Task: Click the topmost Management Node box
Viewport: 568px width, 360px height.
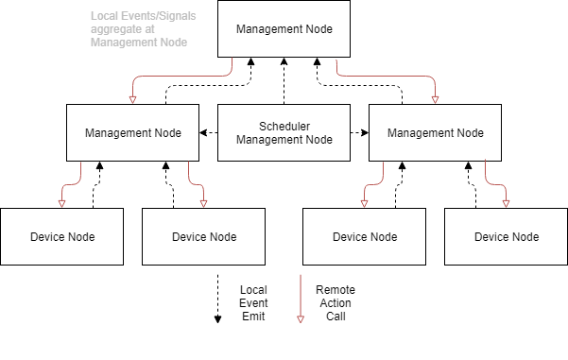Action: [284, 28]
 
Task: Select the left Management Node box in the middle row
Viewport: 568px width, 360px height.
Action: [132, 132]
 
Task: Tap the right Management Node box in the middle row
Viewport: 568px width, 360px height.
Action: [435, 132]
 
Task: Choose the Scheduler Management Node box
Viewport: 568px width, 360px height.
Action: [284, 132]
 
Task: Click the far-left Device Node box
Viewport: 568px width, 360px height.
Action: [61, 236]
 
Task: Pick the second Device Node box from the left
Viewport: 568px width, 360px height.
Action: [203, 236]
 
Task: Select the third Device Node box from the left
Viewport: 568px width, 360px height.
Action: [364, 236]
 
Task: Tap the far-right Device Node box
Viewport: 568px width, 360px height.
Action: [506, 236]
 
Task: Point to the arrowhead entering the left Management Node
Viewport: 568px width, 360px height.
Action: [132, 99]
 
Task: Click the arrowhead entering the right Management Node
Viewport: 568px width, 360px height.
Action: [435, 99]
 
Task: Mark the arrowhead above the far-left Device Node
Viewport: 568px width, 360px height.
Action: [61, 203]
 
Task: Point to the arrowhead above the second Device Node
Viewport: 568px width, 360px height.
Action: [203, 203]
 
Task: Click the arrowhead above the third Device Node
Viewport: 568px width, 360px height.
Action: [364, 203]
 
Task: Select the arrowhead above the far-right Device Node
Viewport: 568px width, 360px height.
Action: [506, 203]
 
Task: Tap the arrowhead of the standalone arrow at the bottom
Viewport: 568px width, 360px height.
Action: [301, 319]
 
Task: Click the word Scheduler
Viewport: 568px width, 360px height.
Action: [284, 126]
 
